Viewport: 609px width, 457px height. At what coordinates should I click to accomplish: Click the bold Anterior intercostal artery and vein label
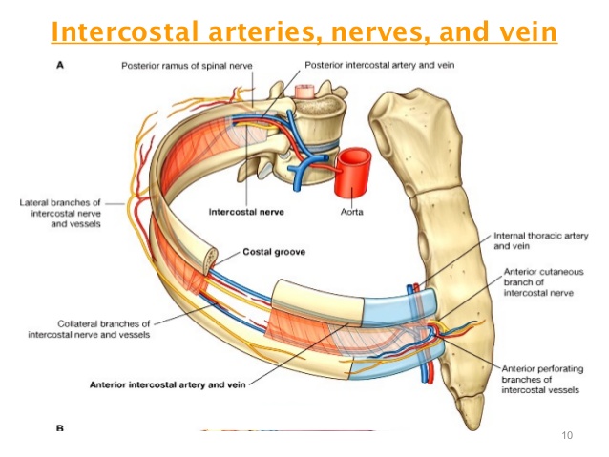pyautogui.click(x=168, y=385)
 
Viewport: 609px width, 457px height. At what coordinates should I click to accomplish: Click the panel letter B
pyautogui.click(x=60, y=428)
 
